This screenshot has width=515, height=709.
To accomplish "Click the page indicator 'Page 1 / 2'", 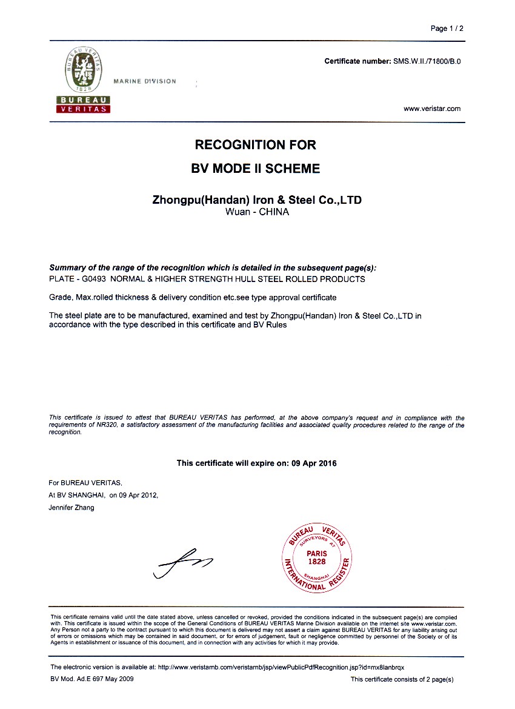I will point(447,29).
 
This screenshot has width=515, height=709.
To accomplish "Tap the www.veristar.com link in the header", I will point(432,109).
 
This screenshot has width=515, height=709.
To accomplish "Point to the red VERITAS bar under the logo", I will point(83,109).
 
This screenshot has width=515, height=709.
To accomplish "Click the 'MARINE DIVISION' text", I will point(145,81).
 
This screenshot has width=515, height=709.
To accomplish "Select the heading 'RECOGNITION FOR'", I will point(255,145).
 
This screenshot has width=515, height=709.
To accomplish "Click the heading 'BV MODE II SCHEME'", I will point(255,169).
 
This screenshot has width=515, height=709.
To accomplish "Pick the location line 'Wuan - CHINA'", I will point(257,212).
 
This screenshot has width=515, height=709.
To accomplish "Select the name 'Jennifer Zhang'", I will point(71,508).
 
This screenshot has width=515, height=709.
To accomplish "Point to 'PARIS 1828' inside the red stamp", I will point(316,557).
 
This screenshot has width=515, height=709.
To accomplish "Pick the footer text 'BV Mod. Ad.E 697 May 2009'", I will point(92,679).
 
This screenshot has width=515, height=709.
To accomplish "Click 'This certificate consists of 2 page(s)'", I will point(402,679).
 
